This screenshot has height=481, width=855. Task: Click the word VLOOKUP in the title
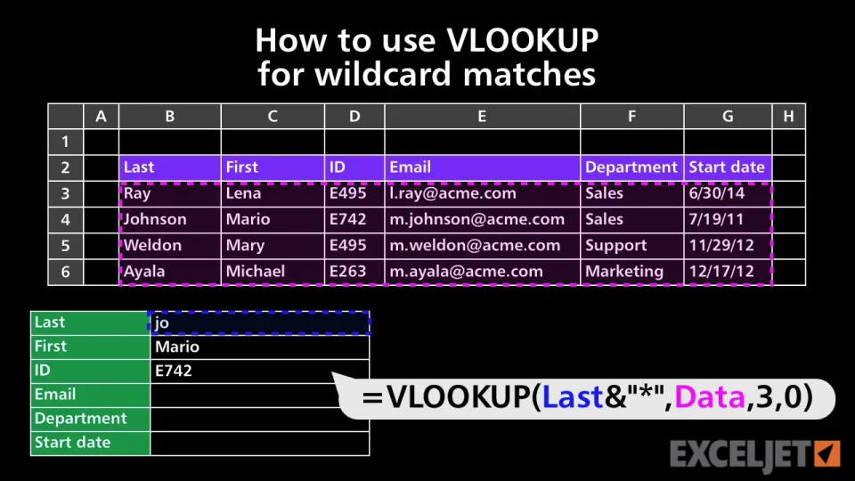pyautogui.click(x=523, y=40)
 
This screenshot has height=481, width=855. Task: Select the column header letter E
pyautogui.click(x=482, y=116)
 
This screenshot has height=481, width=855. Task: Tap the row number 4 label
pyautogui.click(x=65, y=220)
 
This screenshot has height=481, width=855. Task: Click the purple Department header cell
pyautogui.click(x=632, y=167)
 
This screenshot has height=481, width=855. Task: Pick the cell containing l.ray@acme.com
pyautogui.click(x=482, y=193)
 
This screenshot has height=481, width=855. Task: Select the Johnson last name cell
pyautogui.click(x=170, y=220)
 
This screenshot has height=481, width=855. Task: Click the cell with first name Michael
pyautogui.click(x=273, y=272)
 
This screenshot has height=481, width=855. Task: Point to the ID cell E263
pyautogui.click(x=354, y=272)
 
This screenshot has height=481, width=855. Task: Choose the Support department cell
pyautogui.click(x=632, y=246)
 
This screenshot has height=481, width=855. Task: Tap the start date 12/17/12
pyautogui.click(x=728, y=272)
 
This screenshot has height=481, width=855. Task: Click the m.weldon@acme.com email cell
pyautogui.click(x=482, y=246)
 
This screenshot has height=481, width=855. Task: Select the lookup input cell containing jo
pyautogui.click(x=259, y=322)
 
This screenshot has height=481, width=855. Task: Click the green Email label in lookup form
pyautogui.click(x=91, y=395)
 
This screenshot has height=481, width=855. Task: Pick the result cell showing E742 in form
pyautogui.click(x=259, y=371)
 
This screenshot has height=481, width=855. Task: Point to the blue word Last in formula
pyautogui.click(x=573, y=397)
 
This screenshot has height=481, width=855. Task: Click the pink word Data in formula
pyautogui.click(x=710, y=397)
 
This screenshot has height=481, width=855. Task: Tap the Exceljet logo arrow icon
pyautogui.click(x=827, y=453)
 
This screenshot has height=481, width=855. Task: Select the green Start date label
pyautogui.click(x=91, y=443)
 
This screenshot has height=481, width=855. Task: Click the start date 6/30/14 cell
pyautogui.click(x=728, y=193)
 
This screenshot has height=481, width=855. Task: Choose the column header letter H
pyautogui.click(x=788, y=116)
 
